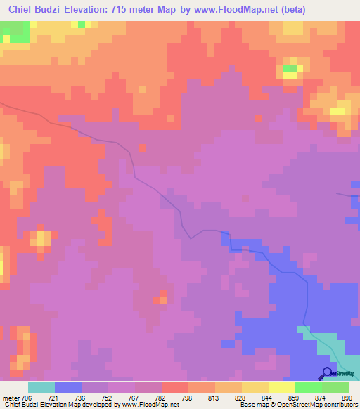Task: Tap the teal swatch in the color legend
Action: (x=41, y=387)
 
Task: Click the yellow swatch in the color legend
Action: (x=281, y=387)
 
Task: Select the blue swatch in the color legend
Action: (x=67, y=387)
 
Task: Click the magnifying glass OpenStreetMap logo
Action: (x=328, y=373)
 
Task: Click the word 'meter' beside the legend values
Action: (x=11, y=398)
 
